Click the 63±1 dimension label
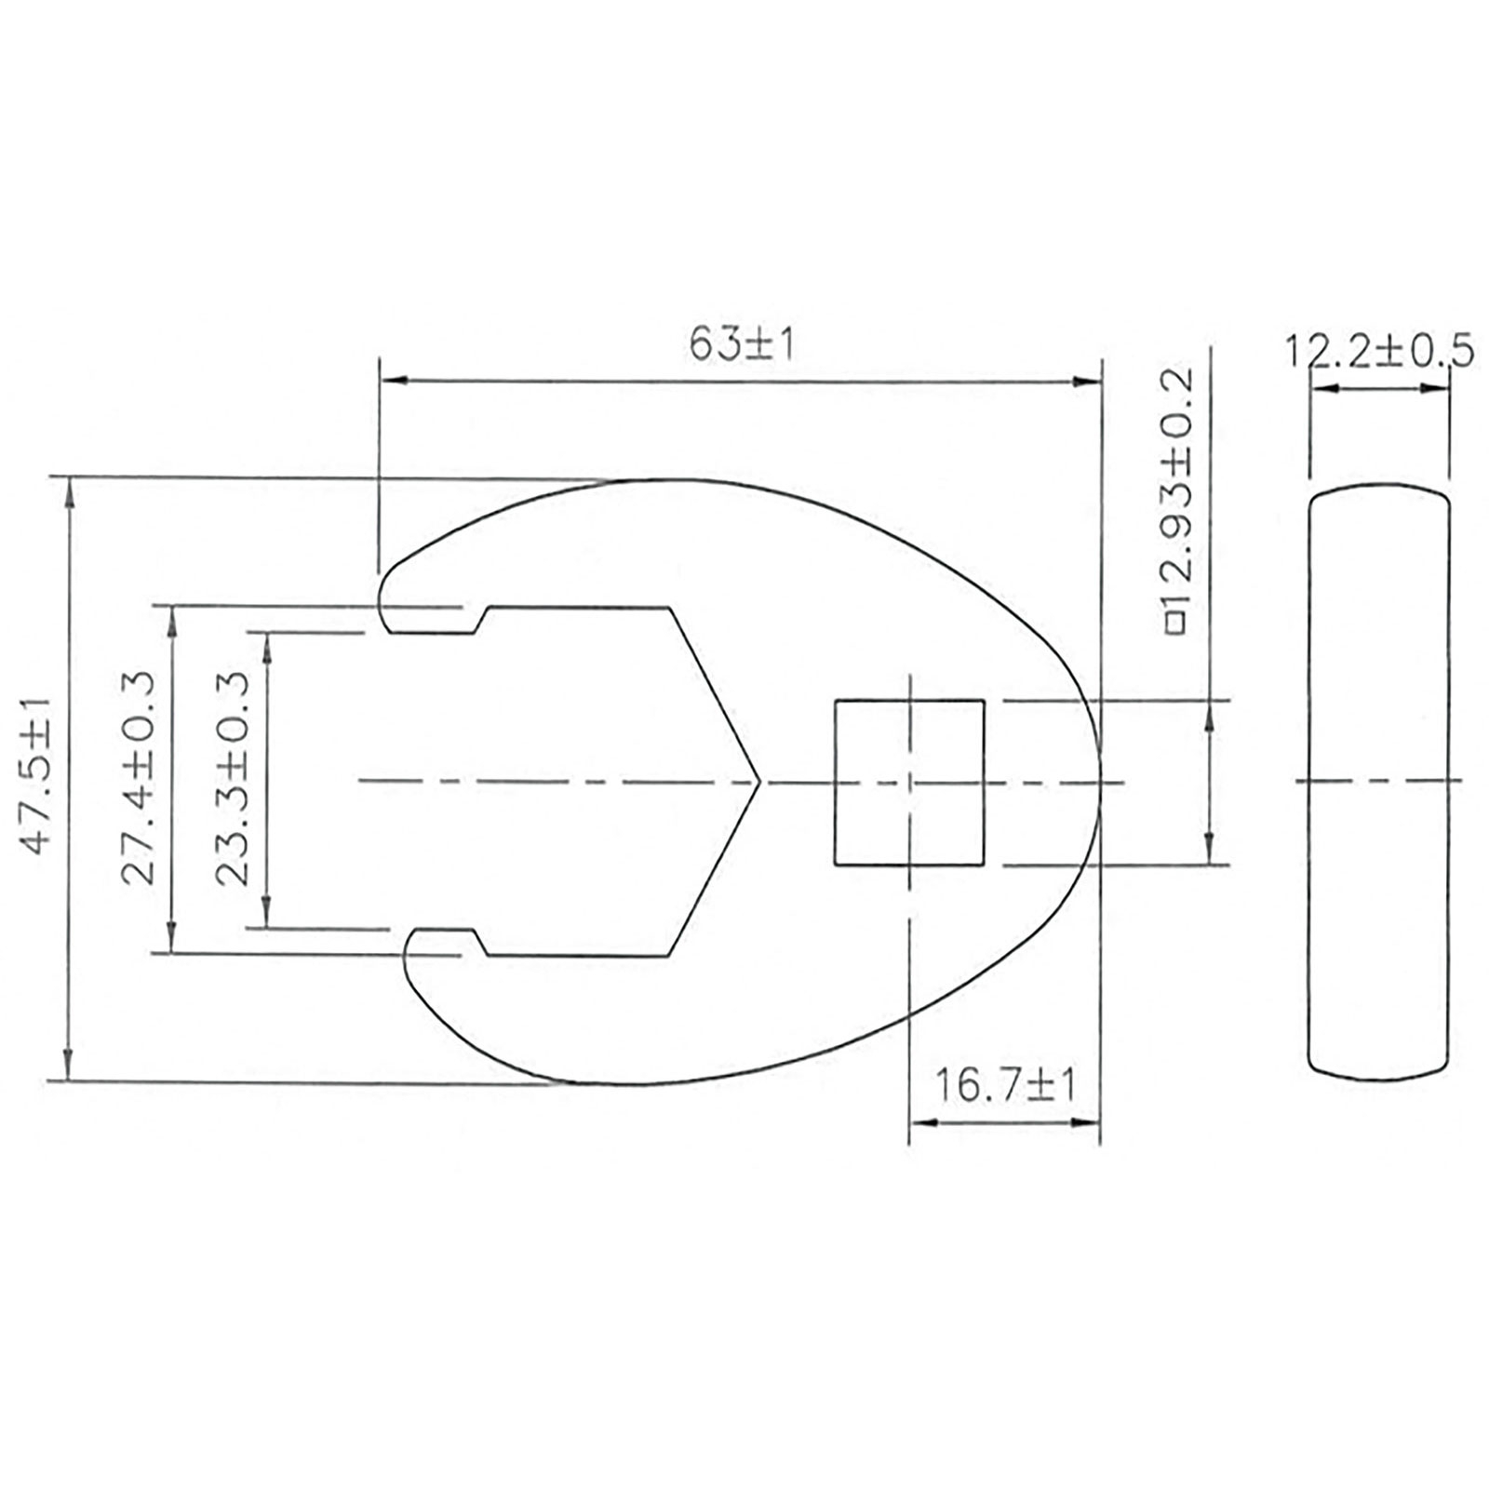coord(742,345)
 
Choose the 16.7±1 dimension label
coord(1004,1084)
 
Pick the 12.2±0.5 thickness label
coord(1379,352)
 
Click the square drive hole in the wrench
coord(909,783)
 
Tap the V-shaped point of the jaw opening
coord(759,782)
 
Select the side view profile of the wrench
coord(1379,782)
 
